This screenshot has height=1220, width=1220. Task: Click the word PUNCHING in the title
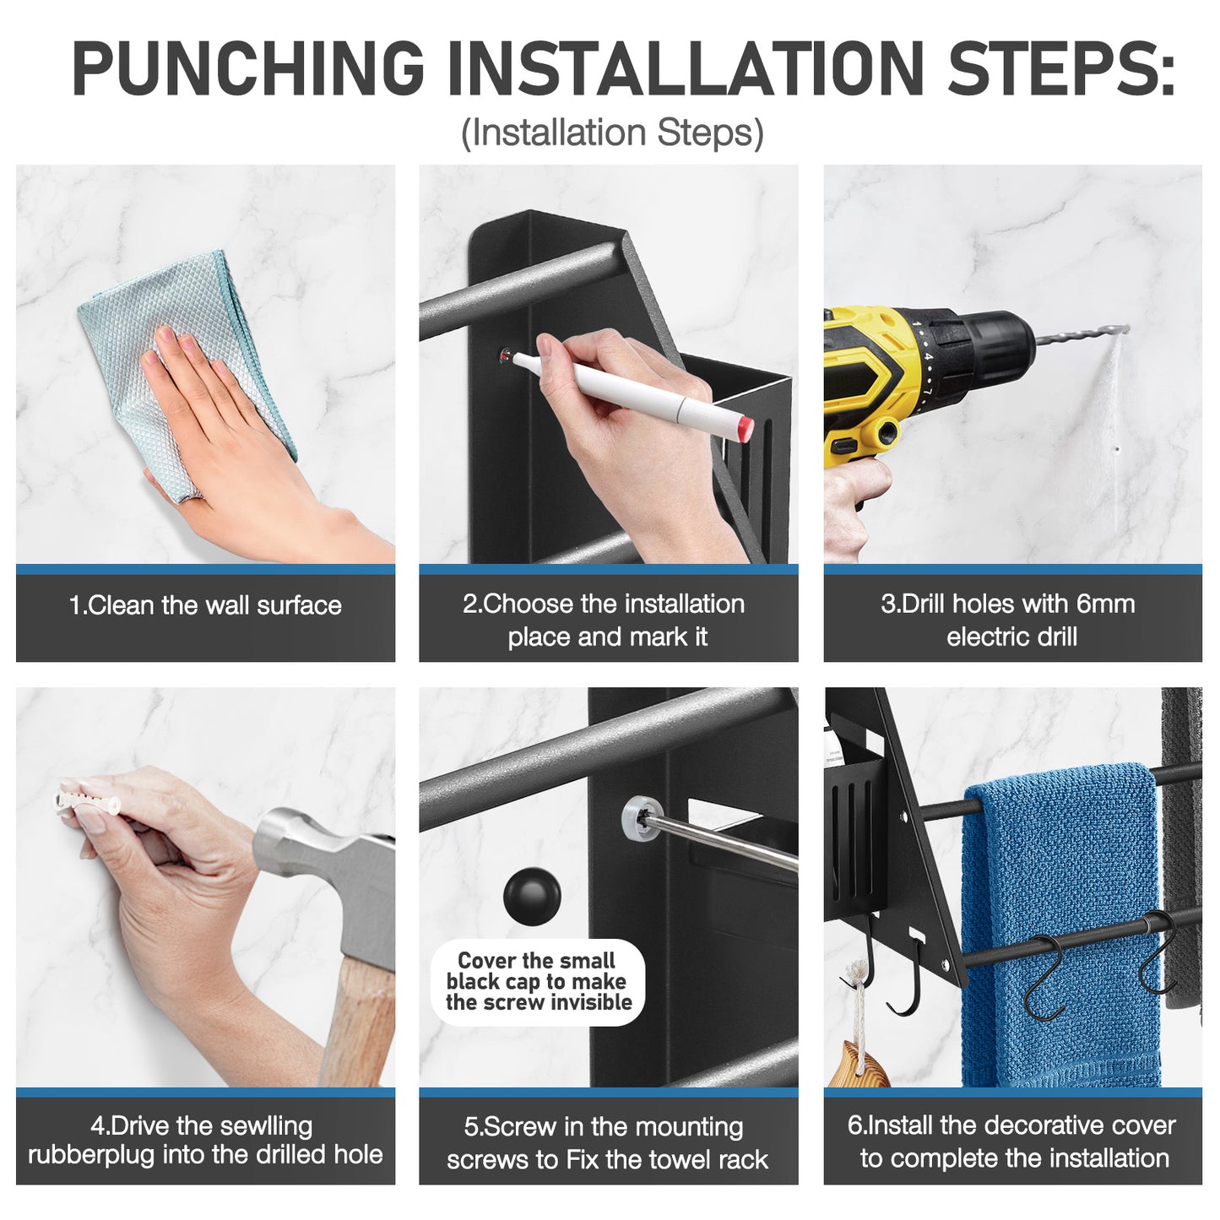tap(247, 68)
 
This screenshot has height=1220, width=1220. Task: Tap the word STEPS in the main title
tap(1060, 68)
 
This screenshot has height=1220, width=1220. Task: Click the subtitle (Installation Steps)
tap(612, 133)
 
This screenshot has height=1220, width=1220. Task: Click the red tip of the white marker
tap(742, 429)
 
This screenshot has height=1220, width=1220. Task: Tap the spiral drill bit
tap(1082, 335)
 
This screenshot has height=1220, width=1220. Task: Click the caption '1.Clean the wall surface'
tap(205, 606)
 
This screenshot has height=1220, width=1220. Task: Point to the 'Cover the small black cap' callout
tap(538, 981)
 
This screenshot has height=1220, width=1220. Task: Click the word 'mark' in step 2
tap(658, 637)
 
